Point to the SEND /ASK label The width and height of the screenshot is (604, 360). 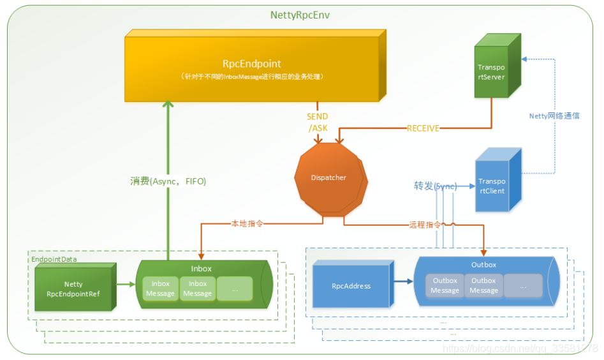pyautogui.click(x=317, y=123)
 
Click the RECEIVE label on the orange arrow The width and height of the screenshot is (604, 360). pyautogui.click(x=424, y=128)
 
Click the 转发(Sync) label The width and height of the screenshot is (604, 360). pyautogui.click(x=435, y=186)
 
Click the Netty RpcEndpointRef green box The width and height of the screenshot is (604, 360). pyautogui.click(x=73, y=289)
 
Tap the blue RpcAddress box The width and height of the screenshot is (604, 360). pyautogui.click(x=351, y=286)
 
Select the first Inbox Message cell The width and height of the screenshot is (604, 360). pyautogui.click(x=160, y=289)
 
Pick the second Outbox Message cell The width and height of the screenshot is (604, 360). pyautogui.click(x=483, y=285)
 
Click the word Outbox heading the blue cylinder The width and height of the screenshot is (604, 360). pyautogui.click(x=483, y=264)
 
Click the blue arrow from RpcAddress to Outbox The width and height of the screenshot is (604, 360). pyautogui.click(x=402, y=280)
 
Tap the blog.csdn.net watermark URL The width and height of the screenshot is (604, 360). pyautogui.click(x=520, y=349)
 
